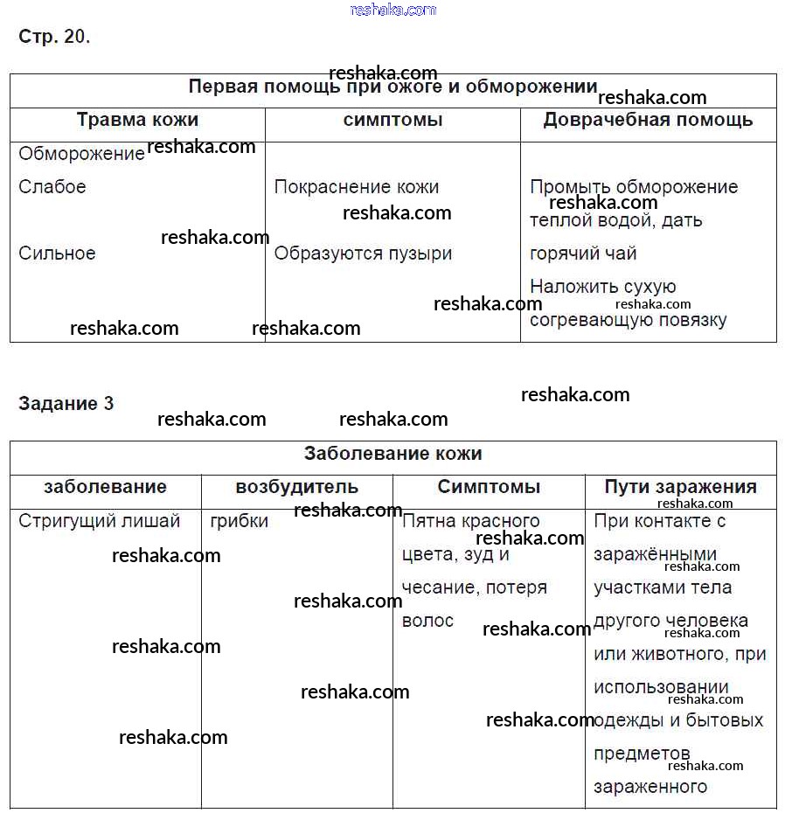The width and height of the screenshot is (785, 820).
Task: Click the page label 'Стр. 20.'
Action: tap(54, 37)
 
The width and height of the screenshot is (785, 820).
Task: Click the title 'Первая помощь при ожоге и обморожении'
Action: tap(392, 87)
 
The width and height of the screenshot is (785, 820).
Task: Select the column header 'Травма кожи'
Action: tap(137, 120)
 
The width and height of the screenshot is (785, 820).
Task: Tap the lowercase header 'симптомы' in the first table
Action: tap(392, 120)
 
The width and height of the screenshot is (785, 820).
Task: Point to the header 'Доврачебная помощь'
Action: tap(648, 120)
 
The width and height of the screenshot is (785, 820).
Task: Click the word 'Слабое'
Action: tap(52, 187)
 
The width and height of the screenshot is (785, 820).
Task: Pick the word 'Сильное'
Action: tap(57, 254)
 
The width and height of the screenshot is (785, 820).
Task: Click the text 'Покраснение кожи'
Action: tap(357, 187)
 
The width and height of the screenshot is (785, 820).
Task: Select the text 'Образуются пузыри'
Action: tap(363, 254)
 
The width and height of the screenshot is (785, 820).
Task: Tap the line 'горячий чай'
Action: tap(583, 254)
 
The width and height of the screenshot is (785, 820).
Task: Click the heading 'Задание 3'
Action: tap(66, 403)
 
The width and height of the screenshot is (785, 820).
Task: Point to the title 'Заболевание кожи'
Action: tap(392, 454)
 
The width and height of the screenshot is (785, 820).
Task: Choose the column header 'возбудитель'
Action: tap(296, 487)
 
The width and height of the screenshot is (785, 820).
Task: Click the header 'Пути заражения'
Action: tap(680, 487)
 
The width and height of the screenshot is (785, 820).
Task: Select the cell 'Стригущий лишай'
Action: tap(100, 521)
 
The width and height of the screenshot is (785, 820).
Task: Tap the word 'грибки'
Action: tap(240, 521)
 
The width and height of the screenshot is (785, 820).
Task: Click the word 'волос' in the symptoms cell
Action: tap(427, 621)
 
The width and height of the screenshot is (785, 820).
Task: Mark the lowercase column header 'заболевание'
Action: tap(105, 487)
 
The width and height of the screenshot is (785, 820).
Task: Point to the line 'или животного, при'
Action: tap(679, 654)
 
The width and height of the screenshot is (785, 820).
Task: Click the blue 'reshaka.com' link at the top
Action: tap(392, 10)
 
